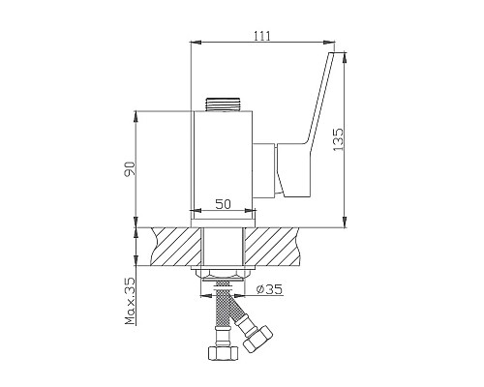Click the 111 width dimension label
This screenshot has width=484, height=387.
(x=261, y=36)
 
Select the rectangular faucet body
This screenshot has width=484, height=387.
(x=223, y=164)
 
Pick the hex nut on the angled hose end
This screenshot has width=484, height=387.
(x=257, y=339)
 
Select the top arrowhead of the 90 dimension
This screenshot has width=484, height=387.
(x=136, y=114)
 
